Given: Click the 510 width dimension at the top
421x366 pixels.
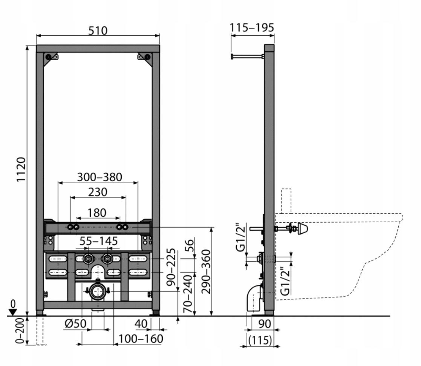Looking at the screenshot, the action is point(98,30).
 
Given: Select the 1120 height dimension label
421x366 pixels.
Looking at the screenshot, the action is point(21,170).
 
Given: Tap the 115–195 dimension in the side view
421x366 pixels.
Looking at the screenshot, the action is point(252,27).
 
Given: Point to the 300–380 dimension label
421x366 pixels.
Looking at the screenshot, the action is point(100,177).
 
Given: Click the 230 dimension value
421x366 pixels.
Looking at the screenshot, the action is point(98,192).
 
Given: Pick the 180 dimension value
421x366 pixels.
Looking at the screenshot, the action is point(97,213).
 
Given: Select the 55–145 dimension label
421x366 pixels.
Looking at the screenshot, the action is point(98,241).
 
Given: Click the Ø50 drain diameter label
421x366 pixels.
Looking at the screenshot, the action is point(75,323).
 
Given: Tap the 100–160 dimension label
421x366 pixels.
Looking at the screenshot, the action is point(141,339).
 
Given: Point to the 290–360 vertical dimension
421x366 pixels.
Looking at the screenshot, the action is point(206,272).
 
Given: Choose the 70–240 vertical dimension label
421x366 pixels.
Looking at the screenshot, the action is point(188,294).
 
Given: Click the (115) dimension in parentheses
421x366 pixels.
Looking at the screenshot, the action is point(260,340).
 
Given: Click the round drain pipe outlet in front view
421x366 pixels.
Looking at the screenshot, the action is point(98,291).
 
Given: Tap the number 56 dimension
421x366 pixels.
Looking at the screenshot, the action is point(189,245).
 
